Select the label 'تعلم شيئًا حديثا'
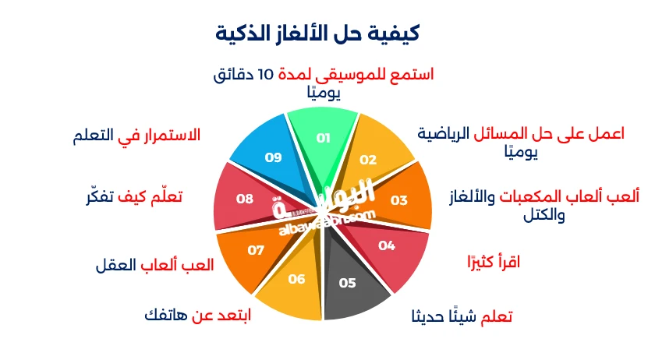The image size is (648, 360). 462,317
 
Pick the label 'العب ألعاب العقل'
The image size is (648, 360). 154,264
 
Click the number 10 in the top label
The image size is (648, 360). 266,75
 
